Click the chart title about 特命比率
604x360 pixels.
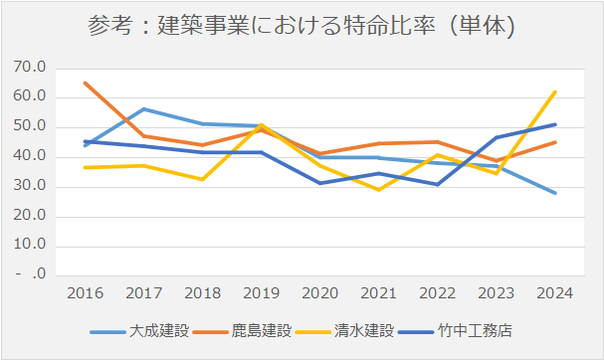coord(302,27)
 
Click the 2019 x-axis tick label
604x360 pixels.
coord(261,293)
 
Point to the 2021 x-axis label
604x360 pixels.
coord(378,293)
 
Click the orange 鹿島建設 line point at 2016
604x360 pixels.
coord(85,83)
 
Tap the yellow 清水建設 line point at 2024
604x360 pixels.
coord(554,91)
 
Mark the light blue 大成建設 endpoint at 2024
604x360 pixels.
coord(554,193)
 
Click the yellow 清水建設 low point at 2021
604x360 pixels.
coord(378,189)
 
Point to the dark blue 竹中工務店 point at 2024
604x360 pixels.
coord(554,124)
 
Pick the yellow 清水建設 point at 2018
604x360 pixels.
coord(202,179)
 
